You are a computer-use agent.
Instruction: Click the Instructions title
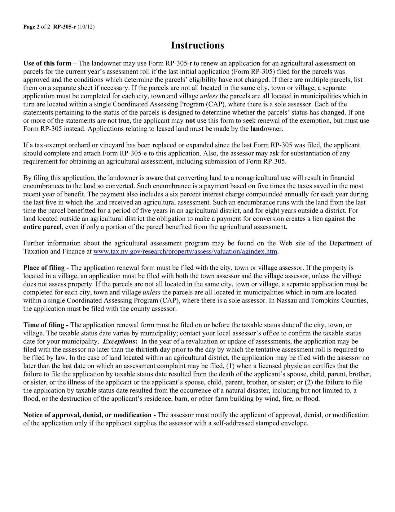(197, 45)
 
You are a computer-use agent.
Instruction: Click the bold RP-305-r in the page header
(64, 27)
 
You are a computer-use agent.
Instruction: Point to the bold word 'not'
(190, 120)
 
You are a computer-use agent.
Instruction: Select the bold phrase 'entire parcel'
(42, 227)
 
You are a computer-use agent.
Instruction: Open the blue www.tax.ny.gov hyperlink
(185, 252)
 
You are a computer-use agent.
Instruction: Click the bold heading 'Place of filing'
(44, 268)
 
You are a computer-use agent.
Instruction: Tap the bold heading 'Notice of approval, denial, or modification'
(87, 415)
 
